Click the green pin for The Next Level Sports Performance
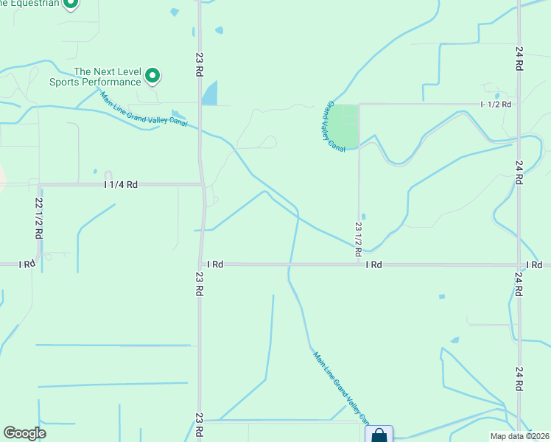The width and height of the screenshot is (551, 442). pos(152,75)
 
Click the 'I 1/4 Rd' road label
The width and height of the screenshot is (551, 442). pos(121,185)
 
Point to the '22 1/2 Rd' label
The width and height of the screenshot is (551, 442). pos(38,217)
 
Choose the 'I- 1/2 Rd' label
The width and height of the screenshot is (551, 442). pos(496,105)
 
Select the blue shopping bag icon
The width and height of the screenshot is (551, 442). pos(379,435)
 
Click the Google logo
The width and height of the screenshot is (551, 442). pos(24,433)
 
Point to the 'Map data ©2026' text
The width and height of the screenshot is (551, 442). pos(519,436)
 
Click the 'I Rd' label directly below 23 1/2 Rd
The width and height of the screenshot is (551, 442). pos(374,264)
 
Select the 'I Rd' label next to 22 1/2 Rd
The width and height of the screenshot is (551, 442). pos(27,264)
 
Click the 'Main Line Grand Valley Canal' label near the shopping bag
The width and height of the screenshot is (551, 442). pos(340,387)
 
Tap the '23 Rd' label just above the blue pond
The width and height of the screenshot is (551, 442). pos(200,64)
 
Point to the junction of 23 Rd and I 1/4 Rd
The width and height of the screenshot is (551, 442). pos(203,184)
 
